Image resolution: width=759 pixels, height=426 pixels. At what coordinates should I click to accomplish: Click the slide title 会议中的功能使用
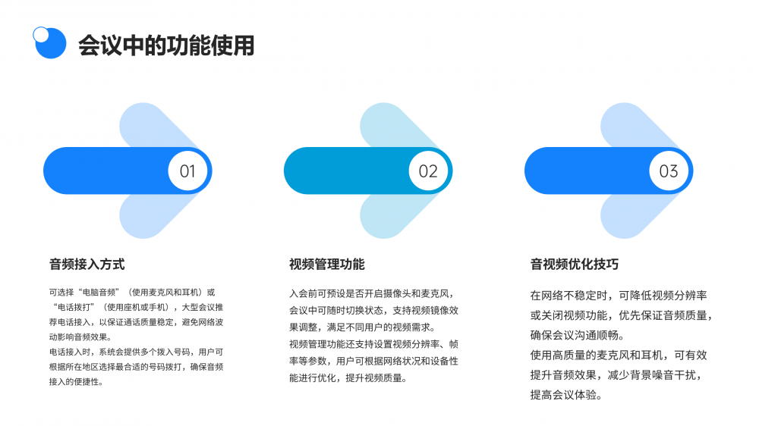[x=166, y=45]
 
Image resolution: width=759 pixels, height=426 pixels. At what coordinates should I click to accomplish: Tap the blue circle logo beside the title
[x=51, y=43]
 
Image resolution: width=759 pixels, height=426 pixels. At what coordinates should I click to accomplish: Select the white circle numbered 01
[x=187, y=171]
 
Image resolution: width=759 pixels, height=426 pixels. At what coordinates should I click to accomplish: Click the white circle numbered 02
[x=428, y=171]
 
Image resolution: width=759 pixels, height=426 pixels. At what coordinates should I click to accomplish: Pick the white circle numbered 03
[x=669, y=171]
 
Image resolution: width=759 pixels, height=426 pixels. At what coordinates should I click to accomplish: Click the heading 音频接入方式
[x=87, y=265]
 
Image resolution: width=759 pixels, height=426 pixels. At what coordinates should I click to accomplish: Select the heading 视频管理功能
[x=327, y=265]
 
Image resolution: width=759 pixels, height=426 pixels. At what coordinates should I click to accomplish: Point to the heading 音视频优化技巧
[x=575, y=265]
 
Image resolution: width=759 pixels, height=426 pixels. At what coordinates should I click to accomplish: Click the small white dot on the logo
[x=41, y=34]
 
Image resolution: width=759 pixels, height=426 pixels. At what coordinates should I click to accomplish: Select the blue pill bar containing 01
[x=128, y=171]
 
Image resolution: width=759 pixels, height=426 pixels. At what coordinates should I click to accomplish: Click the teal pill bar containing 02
[x=368, y=171]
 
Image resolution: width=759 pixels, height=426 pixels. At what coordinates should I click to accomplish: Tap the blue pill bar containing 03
[x=609, y=171]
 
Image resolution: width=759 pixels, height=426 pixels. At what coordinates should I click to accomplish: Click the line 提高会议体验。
[x=566, y=395]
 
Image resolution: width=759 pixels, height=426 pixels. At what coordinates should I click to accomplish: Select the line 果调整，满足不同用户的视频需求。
[x=362, y=327]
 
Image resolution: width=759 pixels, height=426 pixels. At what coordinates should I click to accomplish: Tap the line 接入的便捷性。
[x=76, y=382]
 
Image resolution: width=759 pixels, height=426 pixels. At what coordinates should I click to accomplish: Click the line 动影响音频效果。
[x=80, y=337]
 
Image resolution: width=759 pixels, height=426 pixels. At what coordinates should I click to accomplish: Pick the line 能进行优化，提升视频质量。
[x=348, y=378]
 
